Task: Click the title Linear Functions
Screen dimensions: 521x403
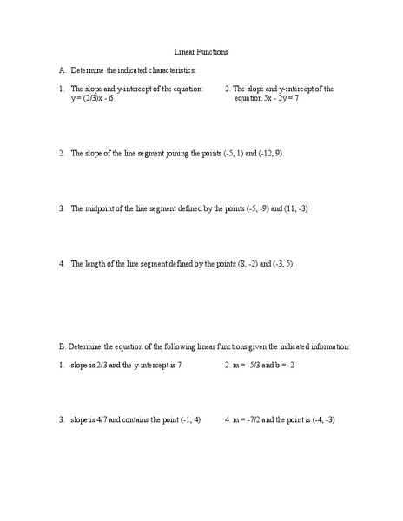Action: (x=201, y=50)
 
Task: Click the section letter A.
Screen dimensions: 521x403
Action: (x=63, y=69)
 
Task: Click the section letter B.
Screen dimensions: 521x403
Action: (x=63, y=346)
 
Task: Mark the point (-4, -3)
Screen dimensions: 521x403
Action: (x=320, y=420)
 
